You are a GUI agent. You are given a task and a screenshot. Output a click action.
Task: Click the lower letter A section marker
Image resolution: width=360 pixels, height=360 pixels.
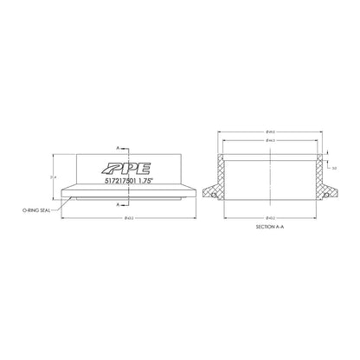116,205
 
